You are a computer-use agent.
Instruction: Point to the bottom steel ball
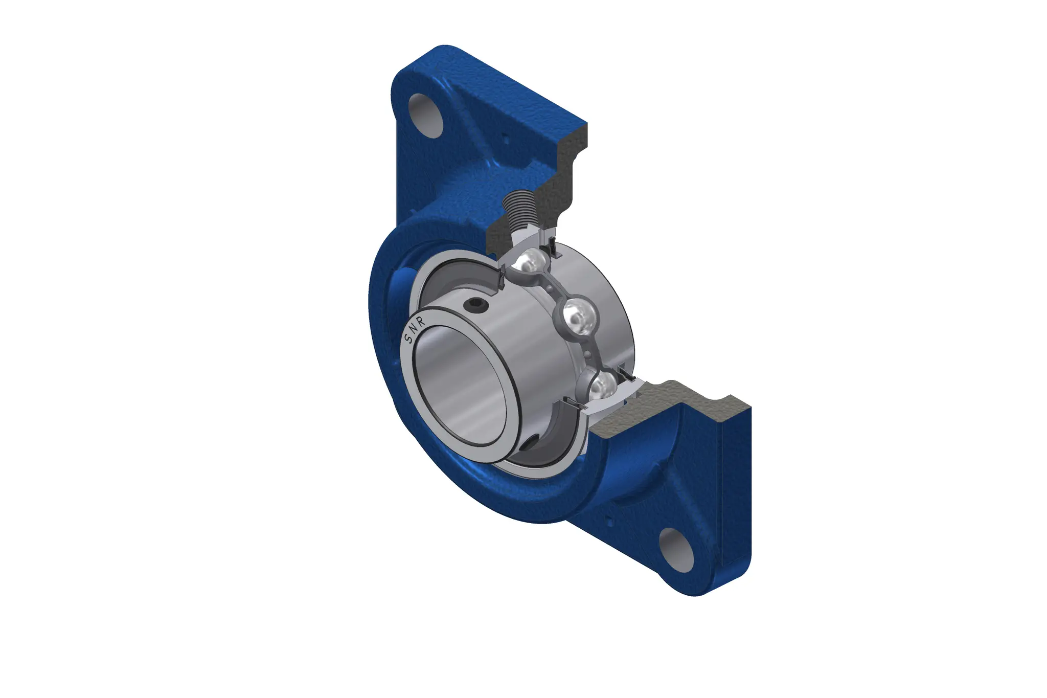coord(599,388)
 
